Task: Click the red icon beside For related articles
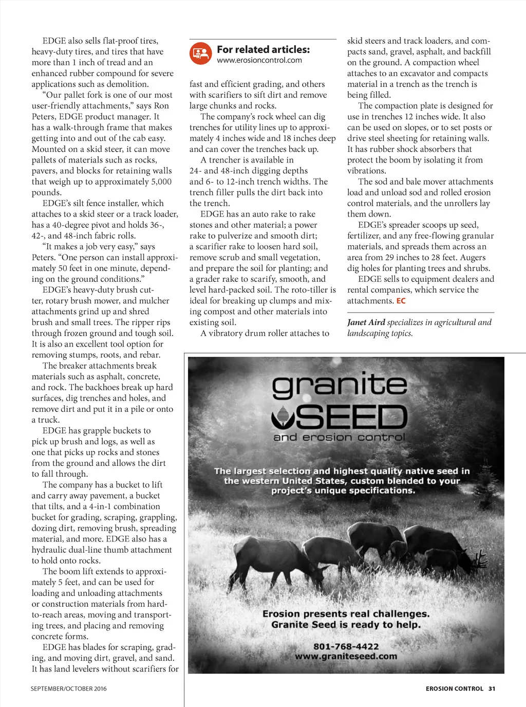click(200, 53)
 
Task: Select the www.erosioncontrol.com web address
click(259, 60)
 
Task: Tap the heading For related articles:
click(263, 49)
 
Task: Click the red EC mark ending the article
click(401, 301)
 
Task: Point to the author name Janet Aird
click(366, 322)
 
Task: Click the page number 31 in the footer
click(492, 688)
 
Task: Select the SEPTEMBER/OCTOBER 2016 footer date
click(68, 688)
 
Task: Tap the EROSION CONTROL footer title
click(454, 688)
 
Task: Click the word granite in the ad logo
click(339, 386)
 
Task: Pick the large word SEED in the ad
click(351, 417)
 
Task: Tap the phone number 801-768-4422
click(346, 646)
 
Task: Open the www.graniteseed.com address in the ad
click(346, 657)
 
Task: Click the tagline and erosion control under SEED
click(339, 438)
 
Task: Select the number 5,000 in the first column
click(161, 182)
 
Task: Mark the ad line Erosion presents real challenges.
click(346, 614)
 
